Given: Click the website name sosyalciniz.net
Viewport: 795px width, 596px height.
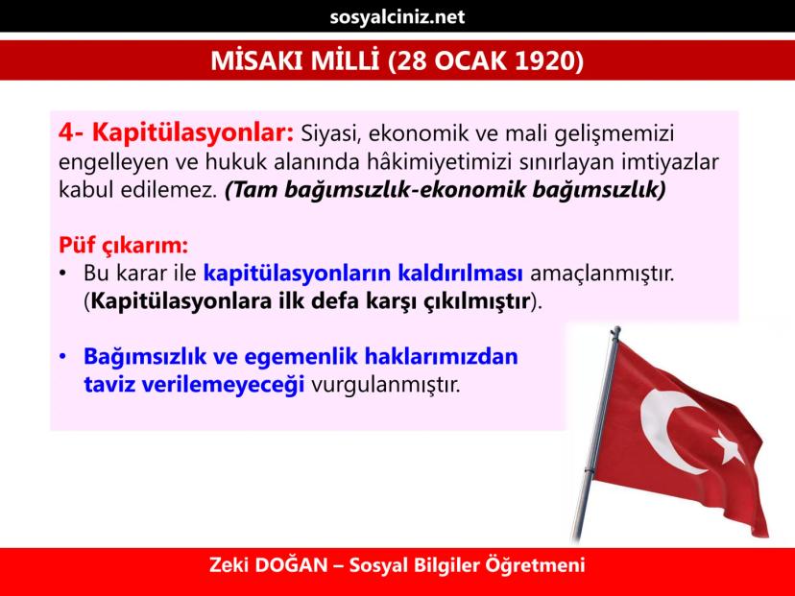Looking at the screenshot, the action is click(397, 17).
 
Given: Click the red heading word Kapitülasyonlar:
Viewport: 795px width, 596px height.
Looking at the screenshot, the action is click(193, 132).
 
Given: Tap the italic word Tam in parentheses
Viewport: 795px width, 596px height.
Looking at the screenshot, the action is click(253, 189).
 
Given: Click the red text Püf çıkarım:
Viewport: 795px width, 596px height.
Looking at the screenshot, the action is click(123, 245).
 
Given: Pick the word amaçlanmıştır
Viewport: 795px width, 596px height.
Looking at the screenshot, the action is click(602, 274).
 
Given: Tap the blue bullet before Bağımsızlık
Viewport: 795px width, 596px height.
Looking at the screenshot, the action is click(62, 356).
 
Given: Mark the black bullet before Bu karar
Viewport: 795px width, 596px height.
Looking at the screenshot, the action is click(62, 274).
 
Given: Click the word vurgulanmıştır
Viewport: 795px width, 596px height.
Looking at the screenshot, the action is click(385, 384).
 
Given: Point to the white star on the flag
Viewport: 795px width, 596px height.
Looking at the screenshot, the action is click(729, 446).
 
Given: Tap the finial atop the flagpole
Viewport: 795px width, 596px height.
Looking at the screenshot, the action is click(615, 333).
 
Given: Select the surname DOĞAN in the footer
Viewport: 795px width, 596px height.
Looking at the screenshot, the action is click(291, 564).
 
